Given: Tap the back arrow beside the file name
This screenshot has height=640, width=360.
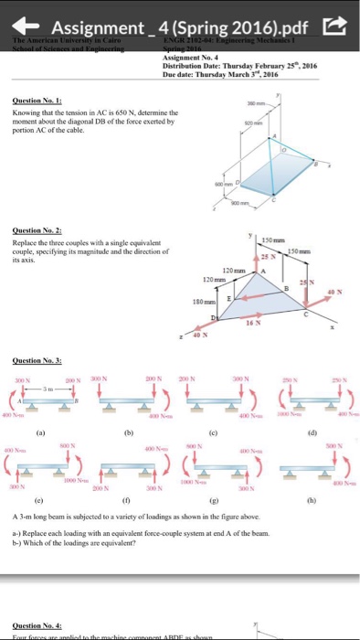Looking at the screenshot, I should [x=30, y=18].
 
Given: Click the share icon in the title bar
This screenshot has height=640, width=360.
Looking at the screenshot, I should [x=338, y=18].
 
